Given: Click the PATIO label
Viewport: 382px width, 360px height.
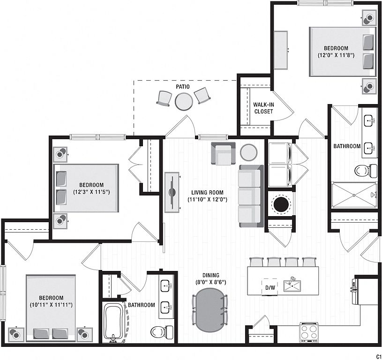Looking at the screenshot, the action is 183,86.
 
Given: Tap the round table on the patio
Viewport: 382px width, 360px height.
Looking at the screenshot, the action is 184,102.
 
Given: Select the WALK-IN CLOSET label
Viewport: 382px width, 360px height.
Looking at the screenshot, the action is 263,108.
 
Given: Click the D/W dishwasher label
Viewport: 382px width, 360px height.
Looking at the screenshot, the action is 270,288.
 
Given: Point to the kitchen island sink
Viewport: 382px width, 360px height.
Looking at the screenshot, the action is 292,285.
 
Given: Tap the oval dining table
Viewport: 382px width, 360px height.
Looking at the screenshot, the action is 209,310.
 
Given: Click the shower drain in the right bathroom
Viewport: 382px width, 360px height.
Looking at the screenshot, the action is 354,195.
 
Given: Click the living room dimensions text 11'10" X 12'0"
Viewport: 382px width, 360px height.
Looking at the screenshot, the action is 207,200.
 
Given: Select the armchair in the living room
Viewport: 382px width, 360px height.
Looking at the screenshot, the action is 224,154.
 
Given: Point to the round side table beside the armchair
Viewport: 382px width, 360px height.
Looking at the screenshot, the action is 248,152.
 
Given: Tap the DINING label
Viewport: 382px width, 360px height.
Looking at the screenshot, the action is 211,275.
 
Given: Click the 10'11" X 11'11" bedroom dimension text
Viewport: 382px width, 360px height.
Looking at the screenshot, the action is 51,305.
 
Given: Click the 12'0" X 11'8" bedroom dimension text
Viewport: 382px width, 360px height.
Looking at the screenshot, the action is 336,55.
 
